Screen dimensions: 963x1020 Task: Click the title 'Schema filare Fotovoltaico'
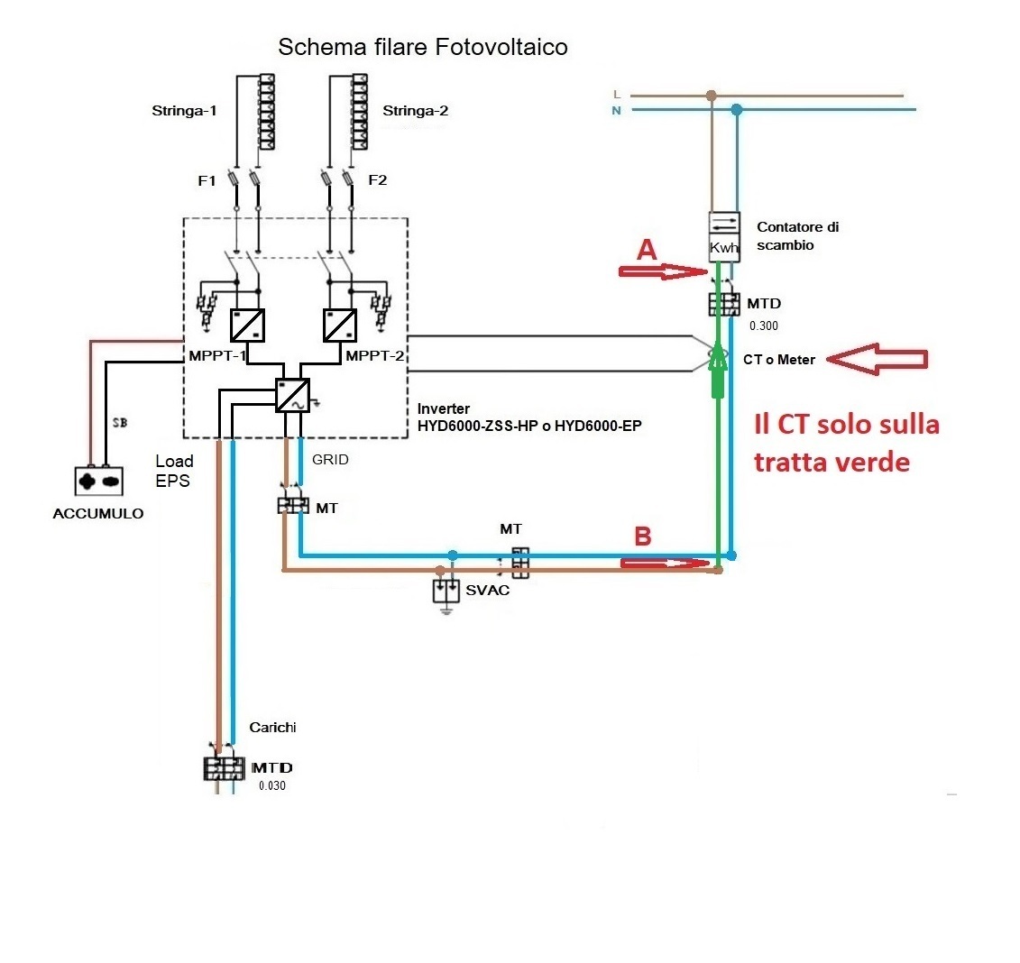[422, 47]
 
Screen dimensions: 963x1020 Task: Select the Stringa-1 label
[184, 112]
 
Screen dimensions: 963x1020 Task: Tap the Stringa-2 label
[415, 112]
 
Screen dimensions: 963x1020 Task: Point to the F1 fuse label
[207, 180]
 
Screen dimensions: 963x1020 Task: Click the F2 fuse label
[377, 180]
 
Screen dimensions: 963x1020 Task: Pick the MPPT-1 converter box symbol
[246, 324]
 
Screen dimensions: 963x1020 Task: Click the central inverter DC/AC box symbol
[292, 395]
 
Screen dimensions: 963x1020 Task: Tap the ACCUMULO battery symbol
[98, 481]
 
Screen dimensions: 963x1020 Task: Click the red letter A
[646, 252]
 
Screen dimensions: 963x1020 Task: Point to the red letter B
[642, 537]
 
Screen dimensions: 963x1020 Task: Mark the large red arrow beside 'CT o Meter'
[877, 360]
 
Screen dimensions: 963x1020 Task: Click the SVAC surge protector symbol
[446, 591]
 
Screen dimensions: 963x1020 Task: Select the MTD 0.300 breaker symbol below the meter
[722, 304]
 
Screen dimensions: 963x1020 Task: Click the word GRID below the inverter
[330, 459]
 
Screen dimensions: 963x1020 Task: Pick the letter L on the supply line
[616, 94]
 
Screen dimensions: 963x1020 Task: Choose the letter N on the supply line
[616, 111]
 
